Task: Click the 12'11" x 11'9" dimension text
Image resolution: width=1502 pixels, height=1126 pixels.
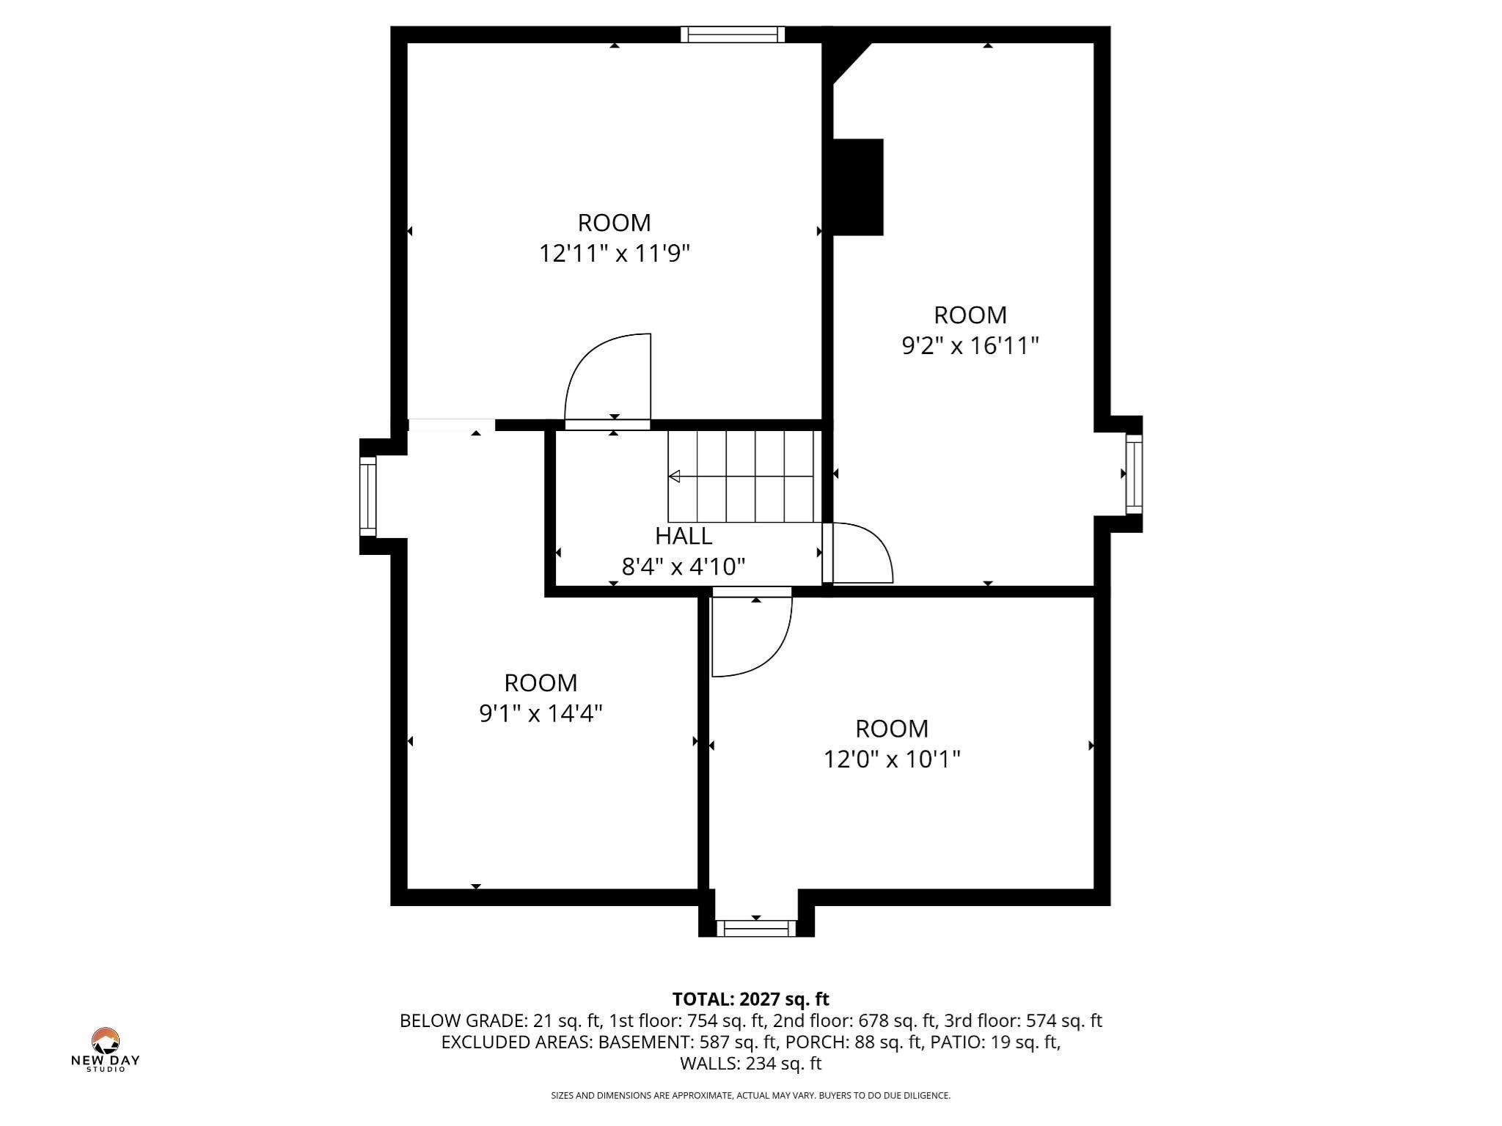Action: pos(615,254)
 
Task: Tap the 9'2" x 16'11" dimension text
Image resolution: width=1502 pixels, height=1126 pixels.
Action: pos(970,345)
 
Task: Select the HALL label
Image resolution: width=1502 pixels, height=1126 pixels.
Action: pos(683,536)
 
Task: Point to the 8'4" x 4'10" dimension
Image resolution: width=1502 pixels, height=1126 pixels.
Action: pos(683,567)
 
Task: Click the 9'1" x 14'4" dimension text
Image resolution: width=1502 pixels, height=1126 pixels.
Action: pos(541,713)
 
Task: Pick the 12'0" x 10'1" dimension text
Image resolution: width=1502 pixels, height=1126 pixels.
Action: pos(891,759)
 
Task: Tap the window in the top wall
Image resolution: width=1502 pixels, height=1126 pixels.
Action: pos(732,34)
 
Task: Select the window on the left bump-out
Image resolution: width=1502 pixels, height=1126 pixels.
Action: pos(367,496)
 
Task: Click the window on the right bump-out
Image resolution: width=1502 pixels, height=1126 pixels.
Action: pos(1134,474)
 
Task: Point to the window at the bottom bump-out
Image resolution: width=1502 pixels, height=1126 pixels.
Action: pos(755,928)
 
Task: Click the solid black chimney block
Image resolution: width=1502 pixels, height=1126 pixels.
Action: pos(857,187)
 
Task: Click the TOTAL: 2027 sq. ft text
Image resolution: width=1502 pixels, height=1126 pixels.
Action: pos(750,999)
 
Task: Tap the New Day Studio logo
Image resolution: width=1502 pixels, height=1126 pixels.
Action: pos(105,1049)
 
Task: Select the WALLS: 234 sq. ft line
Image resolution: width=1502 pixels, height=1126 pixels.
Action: pos(750,1063)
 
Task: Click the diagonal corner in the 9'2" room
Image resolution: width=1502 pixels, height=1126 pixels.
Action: pos(851,63)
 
